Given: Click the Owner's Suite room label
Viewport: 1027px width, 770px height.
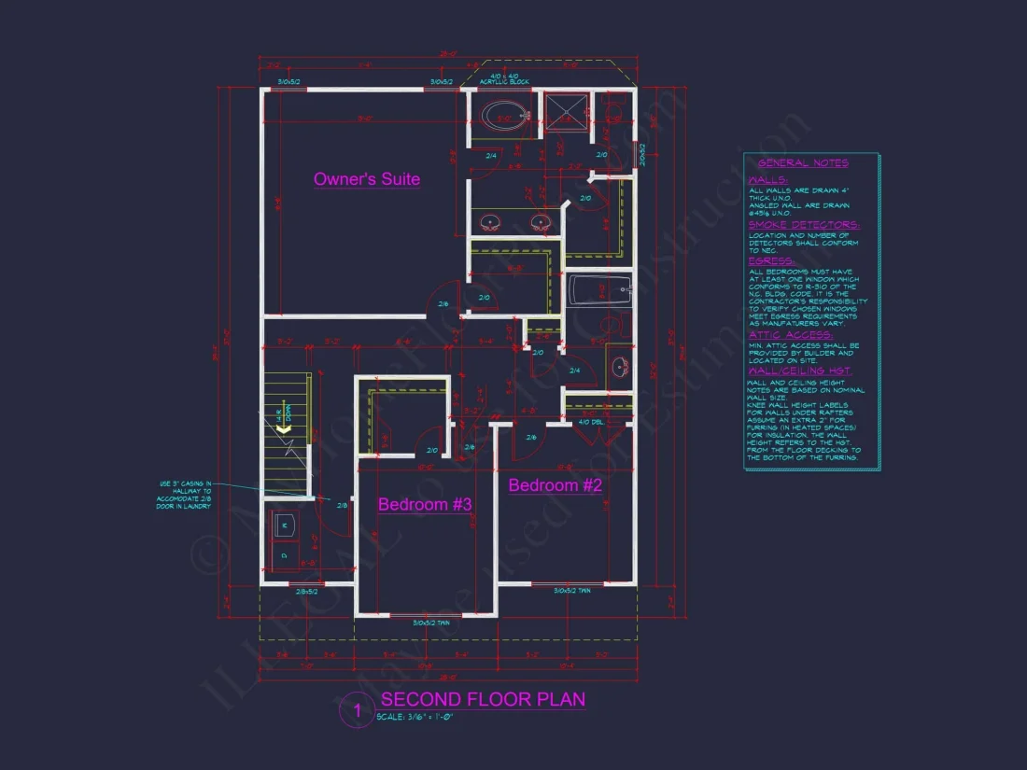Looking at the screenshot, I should point(366,179).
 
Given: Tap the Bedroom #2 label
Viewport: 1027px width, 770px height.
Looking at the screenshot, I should point(555,485).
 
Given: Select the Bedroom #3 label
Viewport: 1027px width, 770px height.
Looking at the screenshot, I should point(424,505).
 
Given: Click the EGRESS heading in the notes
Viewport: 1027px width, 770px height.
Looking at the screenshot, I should point(771,261).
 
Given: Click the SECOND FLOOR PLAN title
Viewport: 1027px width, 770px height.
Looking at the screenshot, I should point(483,700).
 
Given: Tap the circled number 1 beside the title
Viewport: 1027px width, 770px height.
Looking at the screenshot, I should point(356,711).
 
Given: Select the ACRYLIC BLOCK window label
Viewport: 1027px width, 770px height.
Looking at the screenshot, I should point(504,82).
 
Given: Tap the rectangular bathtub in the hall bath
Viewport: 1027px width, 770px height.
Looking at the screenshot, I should point(598,290).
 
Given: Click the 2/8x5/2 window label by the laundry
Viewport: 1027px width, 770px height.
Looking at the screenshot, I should point(306,592).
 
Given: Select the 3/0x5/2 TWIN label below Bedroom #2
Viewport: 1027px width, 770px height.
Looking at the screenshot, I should point(572,591).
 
